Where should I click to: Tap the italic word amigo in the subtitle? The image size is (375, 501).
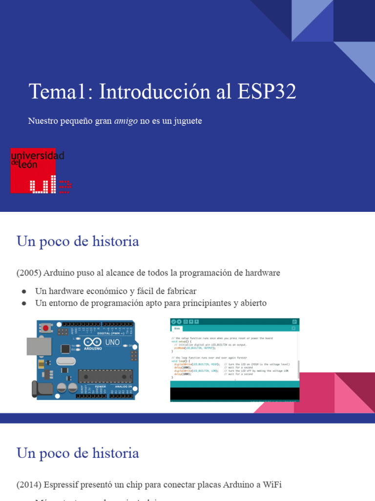pos(126,121)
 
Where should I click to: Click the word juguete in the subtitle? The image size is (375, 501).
pos(186,121)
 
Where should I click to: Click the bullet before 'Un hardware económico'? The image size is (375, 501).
pos(24,291)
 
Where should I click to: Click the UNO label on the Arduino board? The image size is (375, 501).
pos(112,342)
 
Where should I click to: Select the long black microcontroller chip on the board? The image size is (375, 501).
pos(105,376)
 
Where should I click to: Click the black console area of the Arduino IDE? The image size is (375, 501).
pos(234,393)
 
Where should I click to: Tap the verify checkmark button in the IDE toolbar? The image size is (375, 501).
pos(173,321)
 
